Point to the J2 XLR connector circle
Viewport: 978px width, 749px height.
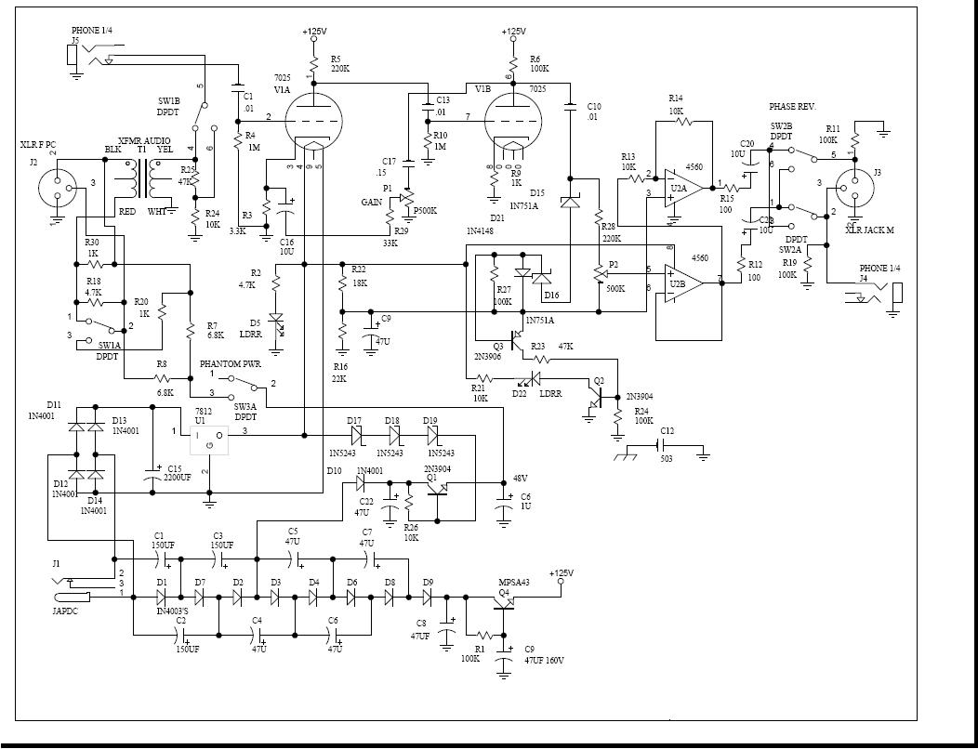click(57, 187)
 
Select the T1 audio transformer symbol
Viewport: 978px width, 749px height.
click(142, 177)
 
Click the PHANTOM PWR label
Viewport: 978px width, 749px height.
click(231, 364)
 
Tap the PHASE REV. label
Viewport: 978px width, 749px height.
click(792, 108)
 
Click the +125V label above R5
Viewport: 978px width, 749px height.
click(314, 32)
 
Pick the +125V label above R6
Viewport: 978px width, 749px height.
click(512, 32)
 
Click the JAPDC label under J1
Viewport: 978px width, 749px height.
click(66, 611)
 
